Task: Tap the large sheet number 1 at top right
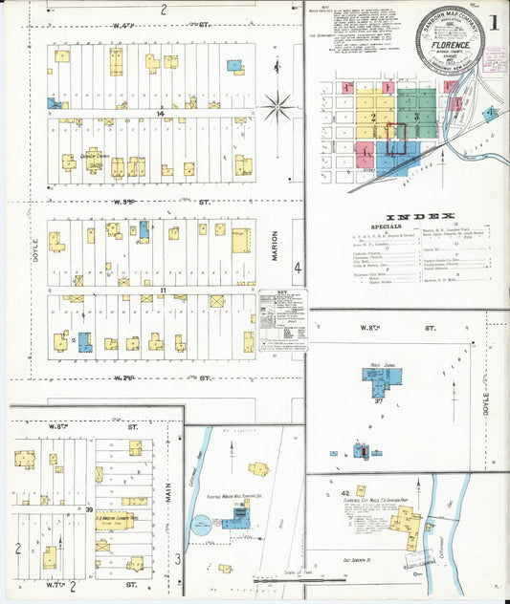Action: click(x=495, y=20)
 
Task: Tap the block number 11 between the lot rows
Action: click(x=164, y=290)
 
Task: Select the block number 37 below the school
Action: click(x=378, y=401)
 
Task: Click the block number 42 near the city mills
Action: click(x=344, y=493)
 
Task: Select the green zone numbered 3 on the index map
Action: click(x=416, y=117)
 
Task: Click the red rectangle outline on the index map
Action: click(x=396, y=136)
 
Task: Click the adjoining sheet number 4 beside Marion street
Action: click(x=298, y=268)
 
